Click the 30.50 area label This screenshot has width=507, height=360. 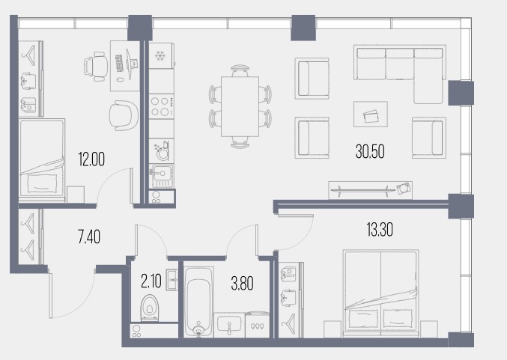[x=370, y=151]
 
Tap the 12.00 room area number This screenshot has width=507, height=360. [x=91, y=159]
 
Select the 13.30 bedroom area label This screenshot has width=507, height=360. [x=380, y=230]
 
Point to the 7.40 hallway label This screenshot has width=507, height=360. [x=89, y=237]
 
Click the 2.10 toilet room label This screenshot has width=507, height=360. [x=151, y=281]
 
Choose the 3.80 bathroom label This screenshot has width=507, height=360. [x=242, y=284]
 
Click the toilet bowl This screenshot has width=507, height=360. [x=150, y=308]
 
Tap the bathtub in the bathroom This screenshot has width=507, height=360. [x=198, y=302]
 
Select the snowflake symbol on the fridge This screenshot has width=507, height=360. [x=160, y=56]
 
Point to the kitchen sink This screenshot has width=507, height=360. [x=161, y=177]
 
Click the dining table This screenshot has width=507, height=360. [x=240, y=106]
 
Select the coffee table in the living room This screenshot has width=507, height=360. [x=371, y=114]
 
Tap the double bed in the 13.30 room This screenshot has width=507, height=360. [x=381, y=293]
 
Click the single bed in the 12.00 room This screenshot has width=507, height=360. [x=42, y=158]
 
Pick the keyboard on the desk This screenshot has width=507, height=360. [x=119, y=64]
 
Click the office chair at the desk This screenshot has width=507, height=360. [x=96, y=67]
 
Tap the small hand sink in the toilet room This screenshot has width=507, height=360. [x=171, y=280]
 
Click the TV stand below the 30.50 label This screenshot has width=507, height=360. [x=370, y=190]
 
